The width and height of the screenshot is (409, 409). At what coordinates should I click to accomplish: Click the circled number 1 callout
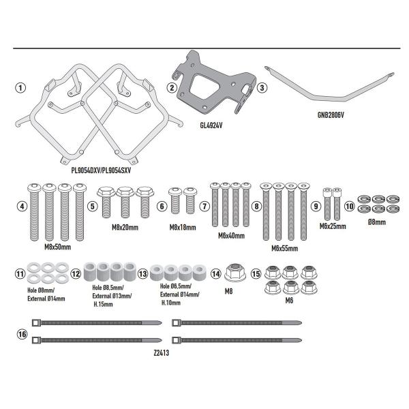point(20,88)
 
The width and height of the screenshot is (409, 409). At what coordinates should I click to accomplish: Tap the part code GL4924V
point(211,125)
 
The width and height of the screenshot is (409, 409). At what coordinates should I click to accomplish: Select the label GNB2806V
point(331,115)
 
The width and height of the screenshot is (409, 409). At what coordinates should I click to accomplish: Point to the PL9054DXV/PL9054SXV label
point(101,170)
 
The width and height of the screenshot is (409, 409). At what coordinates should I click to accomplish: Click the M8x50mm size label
point(58,247)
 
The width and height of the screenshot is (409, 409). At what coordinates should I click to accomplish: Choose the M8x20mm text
point(125,227)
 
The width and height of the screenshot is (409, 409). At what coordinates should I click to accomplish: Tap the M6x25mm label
point(333,226)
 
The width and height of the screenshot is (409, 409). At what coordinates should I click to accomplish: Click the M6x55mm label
point(284,248)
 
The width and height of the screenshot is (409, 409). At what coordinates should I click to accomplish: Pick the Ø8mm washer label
point(377,222)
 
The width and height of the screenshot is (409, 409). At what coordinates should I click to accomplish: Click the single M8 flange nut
point(235,273)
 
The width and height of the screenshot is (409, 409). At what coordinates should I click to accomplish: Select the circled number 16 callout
point(22,334)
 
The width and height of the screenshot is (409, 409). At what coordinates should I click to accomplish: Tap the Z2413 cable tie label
point(161,353)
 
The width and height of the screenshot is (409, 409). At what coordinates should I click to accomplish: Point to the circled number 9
point(316,206)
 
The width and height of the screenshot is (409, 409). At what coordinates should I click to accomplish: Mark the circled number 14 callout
point(216,274)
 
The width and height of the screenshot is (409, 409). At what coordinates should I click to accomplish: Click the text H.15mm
point(103,304)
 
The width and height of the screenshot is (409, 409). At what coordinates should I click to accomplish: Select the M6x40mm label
point(231,236)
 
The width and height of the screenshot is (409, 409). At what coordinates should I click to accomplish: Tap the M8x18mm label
point(183,227)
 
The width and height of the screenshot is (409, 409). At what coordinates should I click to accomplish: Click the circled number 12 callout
point(76,274)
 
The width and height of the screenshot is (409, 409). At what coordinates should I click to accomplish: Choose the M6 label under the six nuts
point(289,301)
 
